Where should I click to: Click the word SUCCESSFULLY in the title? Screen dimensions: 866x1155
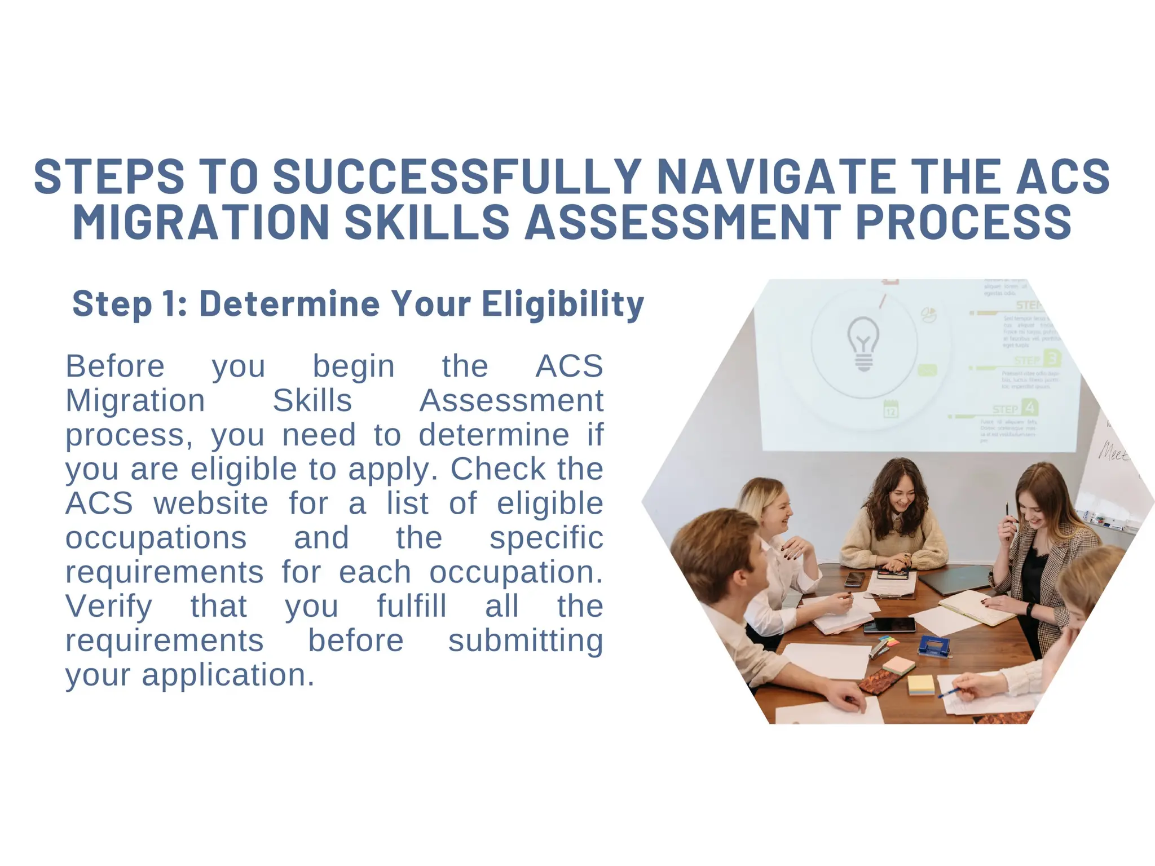456,176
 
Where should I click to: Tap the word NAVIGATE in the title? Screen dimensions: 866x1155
776,176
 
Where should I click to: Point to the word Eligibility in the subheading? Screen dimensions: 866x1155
562,304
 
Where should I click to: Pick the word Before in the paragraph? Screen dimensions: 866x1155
115,366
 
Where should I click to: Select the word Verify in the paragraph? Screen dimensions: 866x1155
109,607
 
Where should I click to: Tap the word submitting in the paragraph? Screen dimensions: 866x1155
526,641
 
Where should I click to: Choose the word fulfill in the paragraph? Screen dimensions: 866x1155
412,607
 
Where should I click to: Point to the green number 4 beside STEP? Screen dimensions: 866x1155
1030,407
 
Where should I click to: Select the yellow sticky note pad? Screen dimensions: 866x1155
921,684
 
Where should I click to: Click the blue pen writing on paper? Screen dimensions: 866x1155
949,692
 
